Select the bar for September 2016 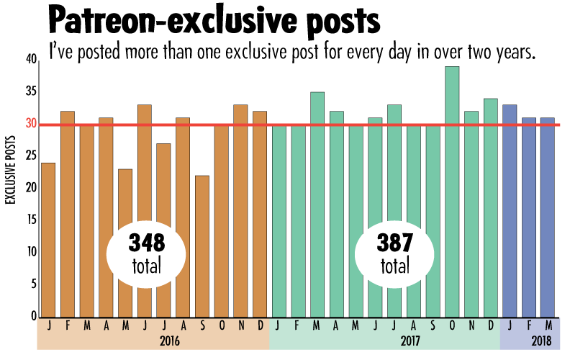[x=202, y=245]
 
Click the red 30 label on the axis [x=31, y=124]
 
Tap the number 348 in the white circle [x=147, y=243]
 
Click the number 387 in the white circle [x=394, y=243]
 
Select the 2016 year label [x=170, y=341]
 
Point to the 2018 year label [x=540, y=341]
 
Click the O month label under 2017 [x=452, y=325]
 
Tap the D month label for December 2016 [x=260, y=325]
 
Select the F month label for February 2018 [x=529, y=325]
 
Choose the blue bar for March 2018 [x=548, y=217]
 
